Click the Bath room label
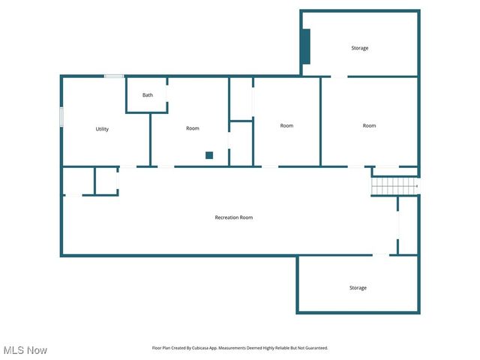coord(148,95)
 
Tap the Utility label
coord(102,129)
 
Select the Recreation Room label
coord(234,217)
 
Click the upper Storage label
coord(360,48)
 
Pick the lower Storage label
coord(358,288)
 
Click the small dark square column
coord(209,155)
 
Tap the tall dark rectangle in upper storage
coord(305,46)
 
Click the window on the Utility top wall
coord(114,76)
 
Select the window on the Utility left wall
coord(61,118)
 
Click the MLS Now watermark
coord(25,350)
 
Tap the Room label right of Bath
coord(193,128)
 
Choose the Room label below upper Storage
coord(369,125)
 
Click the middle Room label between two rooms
coord(286,125)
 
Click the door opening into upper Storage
coord(339,76)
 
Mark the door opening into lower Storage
coord(381,256)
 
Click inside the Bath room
coord(146,103)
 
